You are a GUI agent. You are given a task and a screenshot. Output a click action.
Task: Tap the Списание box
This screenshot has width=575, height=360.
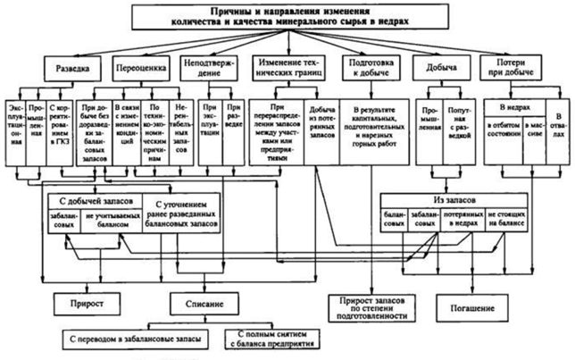(204, 303)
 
